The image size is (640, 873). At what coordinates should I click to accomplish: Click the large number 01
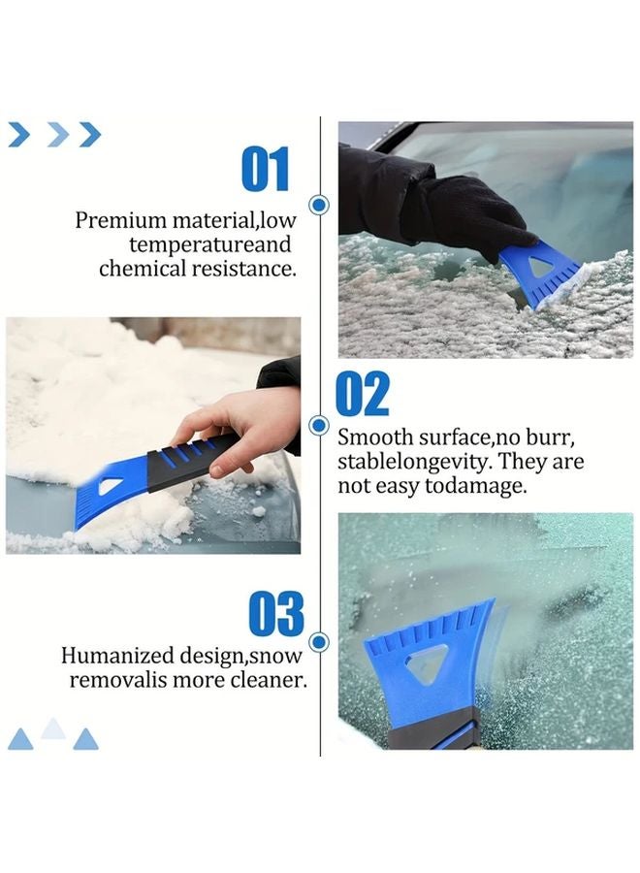(x=265, y=169)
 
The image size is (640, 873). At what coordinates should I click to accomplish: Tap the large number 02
(x=362, y=394)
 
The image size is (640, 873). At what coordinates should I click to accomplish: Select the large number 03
(x=275, y=615)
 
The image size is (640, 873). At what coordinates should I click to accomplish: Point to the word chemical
(x=142, y=269)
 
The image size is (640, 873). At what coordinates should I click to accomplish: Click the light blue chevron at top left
(x=57, y=135)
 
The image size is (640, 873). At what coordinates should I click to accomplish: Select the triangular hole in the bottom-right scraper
(x=425, y=666)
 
